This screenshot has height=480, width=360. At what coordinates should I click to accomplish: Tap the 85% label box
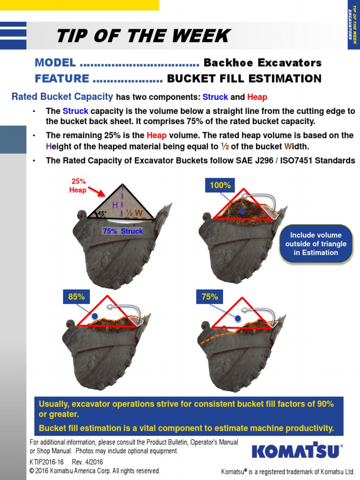(x=76, y=296)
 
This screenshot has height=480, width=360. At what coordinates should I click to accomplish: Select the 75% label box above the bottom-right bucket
(x=210, y=296)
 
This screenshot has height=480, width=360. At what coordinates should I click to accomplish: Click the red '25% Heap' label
(x=78, y=186)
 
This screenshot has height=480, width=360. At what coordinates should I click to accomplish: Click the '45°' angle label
(x=103, y=213)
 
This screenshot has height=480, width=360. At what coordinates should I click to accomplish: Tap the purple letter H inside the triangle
(x=115, y=205)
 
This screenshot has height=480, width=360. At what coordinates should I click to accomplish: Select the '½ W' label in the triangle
(x=135, y=213)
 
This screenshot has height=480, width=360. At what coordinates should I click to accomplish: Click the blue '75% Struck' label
(x=123, y=231)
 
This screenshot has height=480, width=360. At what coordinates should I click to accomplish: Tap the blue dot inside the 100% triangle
(x=242, y=212)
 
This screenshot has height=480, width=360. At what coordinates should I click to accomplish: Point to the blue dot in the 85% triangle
(x=95, y=316)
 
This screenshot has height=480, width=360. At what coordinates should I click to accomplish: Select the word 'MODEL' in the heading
(x=55, y=63)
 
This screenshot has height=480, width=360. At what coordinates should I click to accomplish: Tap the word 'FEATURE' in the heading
(x=62, y=78)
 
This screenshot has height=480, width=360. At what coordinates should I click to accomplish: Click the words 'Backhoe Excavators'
(x=262, y=63)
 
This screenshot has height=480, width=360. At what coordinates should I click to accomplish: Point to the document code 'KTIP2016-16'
(x=46, y=462)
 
